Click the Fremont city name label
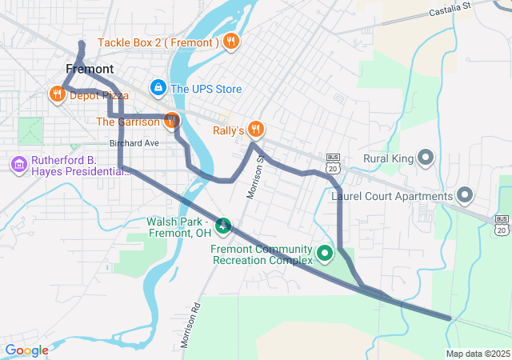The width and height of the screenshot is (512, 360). (x=90, y=69)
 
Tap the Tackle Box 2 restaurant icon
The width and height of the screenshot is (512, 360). (x=230, y=42)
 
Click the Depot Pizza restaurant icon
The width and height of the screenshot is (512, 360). (x=57, y=95)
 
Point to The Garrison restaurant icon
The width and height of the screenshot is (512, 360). (x=171, y=122)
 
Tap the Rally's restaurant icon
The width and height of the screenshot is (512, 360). (x=255, y=130)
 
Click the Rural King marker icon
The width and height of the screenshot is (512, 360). (x=425, y=158)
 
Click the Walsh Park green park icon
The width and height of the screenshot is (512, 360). (x=225, y=227)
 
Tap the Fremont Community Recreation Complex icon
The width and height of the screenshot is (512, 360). (x=325, y=254)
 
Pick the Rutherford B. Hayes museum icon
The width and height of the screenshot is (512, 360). (x=18, y=164)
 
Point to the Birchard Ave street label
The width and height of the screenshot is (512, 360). (x=134, y=143)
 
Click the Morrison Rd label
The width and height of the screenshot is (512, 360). (x=190, y=326)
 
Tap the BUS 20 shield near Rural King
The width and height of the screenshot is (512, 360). (x=334, y=162)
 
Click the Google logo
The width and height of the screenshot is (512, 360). (x=26, y=350)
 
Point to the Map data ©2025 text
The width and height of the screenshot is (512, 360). (x=477, y=354)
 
